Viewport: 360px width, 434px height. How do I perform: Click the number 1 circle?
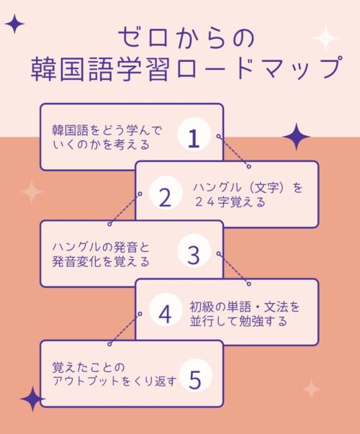(194, 135)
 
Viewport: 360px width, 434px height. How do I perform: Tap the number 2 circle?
(166, 193)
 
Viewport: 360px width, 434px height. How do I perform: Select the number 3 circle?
(194, 251)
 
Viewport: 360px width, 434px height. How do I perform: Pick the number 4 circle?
(166, 310)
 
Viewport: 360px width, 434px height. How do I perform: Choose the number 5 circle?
(195, 376)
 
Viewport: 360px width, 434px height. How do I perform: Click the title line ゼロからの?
(186, 38)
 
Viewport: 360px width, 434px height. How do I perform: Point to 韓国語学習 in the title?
(99, 69)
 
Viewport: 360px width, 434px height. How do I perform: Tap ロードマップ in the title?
(258, 68)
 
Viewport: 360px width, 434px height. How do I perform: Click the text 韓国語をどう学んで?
(107, 131)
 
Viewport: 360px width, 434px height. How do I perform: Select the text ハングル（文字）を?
(248, 188)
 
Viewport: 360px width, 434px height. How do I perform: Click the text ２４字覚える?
(230, 202)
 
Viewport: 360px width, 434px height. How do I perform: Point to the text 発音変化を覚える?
(101, 261)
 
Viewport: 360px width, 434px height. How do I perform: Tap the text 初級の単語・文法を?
(245, 307)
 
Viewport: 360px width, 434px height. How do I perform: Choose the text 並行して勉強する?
(238, 321)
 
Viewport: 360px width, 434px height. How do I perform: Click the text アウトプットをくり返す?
(114, 381)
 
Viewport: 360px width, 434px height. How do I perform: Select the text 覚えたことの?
(89, 367)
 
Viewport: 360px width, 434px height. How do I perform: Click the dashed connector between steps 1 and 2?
(234, 151)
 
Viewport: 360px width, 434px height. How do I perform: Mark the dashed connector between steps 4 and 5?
(125, 329)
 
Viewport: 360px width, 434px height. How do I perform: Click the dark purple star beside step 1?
(297, 137)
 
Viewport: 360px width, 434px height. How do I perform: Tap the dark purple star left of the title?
(14, 24)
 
